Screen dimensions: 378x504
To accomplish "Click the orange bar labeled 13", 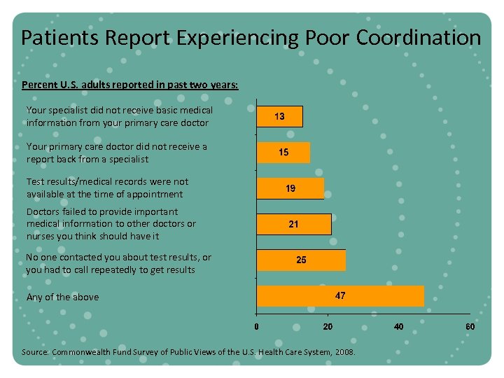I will click(280, 116).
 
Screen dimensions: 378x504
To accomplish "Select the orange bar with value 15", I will click(283, 152).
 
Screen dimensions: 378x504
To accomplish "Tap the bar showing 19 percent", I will click(290, 188).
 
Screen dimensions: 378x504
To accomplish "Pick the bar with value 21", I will click(294, 224).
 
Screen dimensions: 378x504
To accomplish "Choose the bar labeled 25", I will click(301, 260).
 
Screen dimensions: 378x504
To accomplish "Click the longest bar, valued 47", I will click(340, 295).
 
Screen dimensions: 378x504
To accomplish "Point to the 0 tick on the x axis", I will click(257, 326).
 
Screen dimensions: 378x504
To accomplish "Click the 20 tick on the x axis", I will click(327, 326).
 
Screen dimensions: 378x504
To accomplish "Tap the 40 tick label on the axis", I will click(398, 326).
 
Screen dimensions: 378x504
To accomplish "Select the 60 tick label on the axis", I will click(470, 326).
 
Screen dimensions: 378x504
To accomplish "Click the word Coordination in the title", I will click(418, 37).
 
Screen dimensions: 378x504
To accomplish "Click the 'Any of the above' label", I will click(62, 297).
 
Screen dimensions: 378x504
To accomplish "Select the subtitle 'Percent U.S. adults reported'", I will click(129, 85).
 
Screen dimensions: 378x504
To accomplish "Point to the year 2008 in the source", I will click(344, 352).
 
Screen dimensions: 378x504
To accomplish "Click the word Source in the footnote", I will click(34, 352).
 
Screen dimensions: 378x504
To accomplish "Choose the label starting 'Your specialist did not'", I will click(119, 116).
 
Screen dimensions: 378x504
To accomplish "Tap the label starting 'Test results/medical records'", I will click(107, 188).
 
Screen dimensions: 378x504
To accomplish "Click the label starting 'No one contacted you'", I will click(118, 263).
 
